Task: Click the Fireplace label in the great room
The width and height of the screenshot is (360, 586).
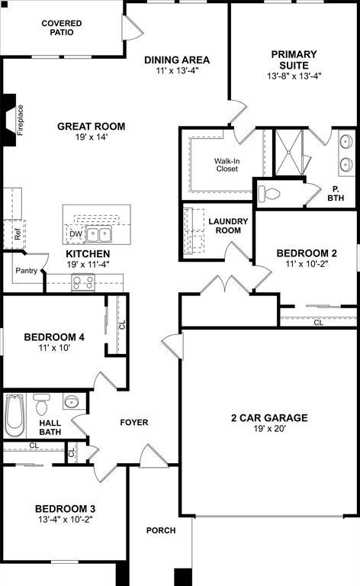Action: click(x=21, y=120)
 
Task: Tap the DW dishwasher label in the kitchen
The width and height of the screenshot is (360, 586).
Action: click(x=76, y=234)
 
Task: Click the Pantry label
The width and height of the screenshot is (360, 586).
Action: click(x=27, y=270)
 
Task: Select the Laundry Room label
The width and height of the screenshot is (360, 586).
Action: click(x=228, y=226)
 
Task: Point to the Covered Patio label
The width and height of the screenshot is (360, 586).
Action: click(x=62, y=28)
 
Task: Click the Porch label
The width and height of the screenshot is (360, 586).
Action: click(x=161, y=530)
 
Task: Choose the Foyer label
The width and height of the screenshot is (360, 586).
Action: click(x=134, y=422)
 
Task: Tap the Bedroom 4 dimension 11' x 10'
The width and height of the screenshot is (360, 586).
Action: click(x=53, y=349)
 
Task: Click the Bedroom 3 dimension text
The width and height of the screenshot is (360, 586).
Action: click(x=64, y=520)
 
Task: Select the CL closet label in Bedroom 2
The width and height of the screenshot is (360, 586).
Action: click(x=318, y=323)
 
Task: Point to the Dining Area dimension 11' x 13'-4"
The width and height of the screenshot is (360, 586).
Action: click(x=177, y=72)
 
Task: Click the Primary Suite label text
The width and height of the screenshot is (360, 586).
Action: click(x=294, y=60)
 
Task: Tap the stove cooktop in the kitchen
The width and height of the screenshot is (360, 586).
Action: click(x=83, y=282)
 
